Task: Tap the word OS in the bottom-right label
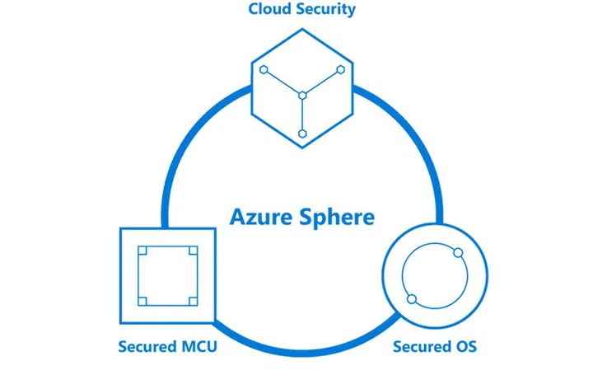[x=465, y=346]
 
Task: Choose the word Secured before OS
[x=421, y=346]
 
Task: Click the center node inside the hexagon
[x=303, y=95]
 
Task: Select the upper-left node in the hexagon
[x=264, y=71]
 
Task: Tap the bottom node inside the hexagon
[x=303, y=133]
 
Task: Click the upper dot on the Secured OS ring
[x=459, y=251]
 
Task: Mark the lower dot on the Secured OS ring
[x=412, y=298]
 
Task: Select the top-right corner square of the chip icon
[x=192, y=249]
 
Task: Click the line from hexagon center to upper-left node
[x=283, y=82]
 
